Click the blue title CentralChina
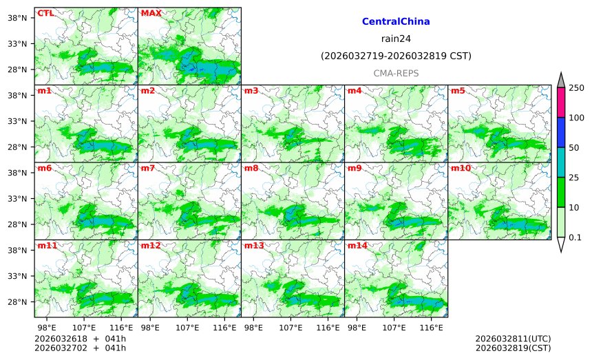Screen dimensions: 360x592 [396, 22]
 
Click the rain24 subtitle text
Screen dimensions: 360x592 [396, 39]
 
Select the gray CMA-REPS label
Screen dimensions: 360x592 [396, 73]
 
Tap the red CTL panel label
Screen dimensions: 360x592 [45, 12]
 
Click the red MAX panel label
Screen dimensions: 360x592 [151, 12]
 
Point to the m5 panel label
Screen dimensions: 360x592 [457, 90]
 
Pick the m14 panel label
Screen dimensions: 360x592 [357, 245]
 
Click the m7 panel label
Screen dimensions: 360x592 [147, 168]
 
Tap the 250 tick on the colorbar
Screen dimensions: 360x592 [576, 87]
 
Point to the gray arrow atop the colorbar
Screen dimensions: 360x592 [560, 79]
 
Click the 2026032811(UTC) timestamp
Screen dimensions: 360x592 [513, 339]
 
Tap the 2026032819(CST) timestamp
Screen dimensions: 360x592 [513, 348]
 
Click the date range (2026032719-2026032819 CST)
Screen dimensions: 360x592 [396, 56]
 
